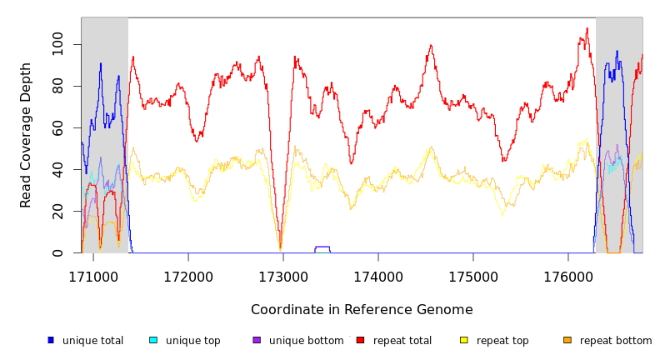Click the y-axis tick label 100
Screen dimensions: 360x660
57,44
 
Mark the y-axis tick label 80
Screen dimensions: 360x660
57,86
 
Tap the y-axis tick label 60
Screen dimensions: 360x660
57,127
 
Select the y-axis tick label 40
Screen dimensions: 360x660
57,169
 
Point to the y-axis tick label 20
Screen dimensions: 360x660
57,211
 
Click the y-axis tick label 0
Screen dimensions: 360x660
57,252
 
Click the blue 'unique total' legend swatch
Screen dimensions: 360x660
51,340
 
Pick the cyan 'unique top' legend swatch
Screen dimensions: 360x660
153,340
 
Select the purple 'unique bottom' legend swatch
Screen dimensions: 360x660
257,340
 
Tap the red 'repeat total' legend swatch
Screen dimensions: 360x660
360,340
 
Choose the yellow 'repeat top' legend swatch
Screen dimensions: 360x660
464,340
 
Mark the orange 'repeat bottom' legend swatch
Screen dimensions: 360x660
567,340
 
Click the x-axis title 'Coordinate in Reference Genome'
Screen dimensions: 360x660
362,310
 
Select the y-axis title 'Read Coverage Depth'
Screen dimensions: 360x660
26,135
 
